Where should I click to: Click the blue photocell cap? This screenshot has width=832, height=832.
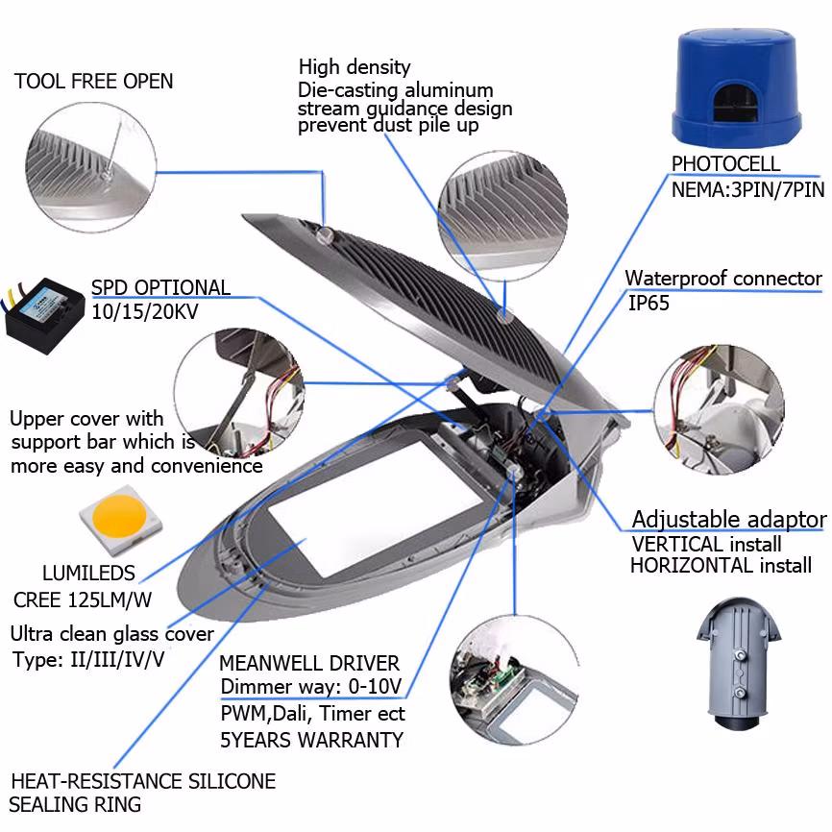pos(738,87)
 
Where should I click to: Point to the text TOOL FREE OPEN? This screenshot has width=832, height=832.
pos(94,82)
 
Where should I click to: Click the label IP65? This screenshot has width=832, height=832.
pos(648,304)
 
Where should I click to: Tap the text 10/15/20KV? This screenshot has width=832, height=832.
pos(145,311)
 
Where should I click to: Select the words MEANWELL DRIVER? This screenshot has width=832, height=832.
pos(309,663)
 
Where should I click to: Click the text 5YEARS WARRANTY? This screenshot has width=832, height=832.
pos(312,740)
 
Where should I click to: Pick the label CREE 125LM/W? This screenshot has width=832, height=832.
pos(83,600)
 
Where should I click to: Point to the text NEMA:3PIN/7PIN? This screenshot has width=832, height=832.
pos(748,189)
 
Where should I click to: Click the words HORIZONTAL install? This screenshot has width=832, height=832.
pos(722,566)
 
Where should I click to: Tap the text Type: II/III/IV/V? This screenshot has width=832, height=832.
pos(88,660)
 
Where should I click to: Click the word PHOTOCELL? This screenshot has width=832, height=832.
pos(726,164)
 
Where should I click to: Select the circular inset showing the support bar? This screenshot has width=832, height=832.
pos(239,393)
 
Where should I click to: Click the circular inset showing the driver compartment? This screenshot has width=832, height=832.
pos(515,680)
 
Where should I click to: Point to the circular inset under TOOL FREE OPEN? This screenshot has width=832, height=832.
pos(90,167)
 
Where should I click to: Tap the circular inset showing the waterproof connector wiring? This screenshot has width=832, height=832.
pos(719,409)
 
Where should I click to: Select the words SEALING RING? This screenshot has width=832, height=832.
pos(75,805)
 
